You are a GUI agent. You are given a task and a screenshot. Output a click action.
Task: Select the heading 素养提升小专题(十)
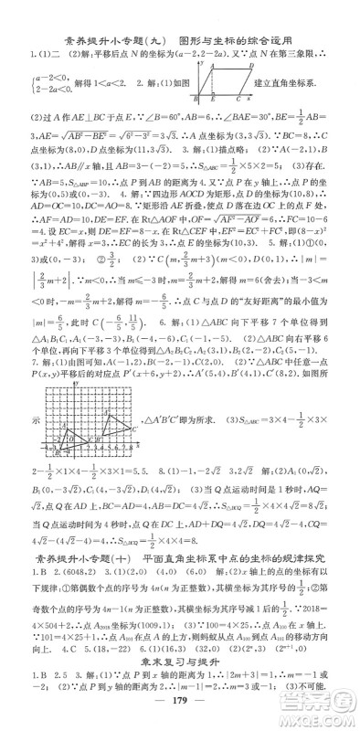77,533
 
